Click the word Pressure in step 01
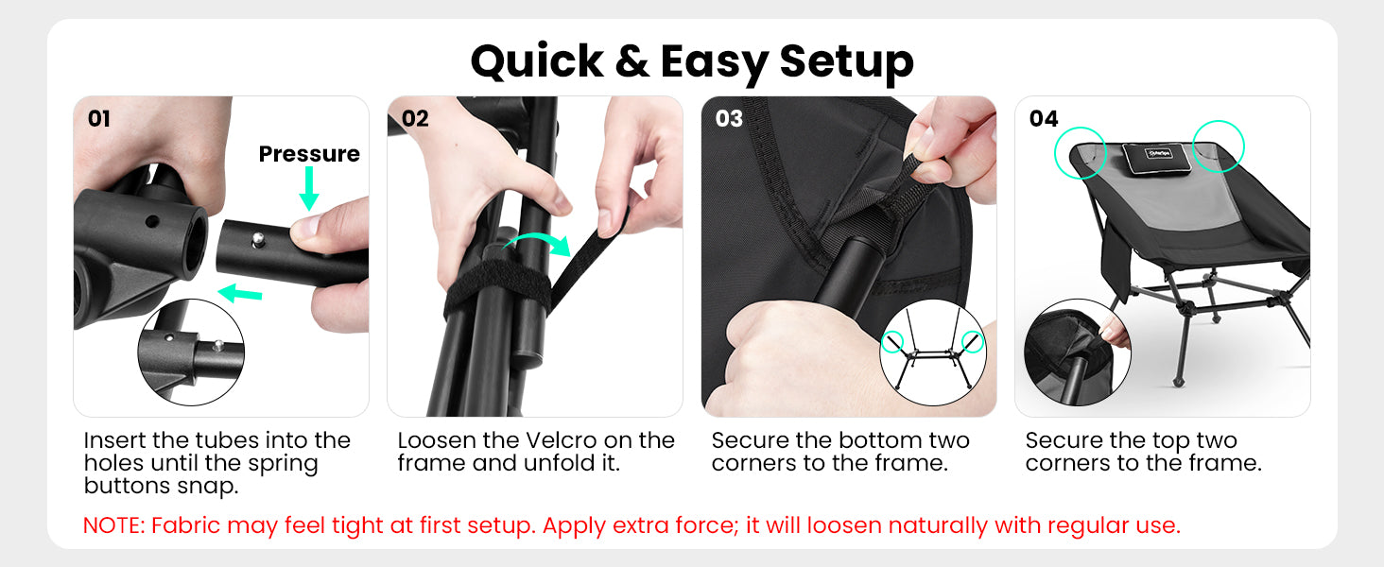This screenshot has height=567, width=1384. [309, 153]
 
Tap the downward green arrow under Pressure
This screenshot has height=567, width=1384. [309, 188]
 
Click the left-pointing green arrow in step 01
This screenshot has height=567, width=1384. [240, 293]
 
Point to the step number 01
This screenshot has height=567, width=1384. [99, 118]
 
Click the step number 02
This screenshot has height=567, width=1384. [415, 118]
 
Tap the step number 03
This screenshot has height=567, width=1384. [729, 118]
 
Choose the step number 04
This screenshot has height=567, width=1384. [1044, 118]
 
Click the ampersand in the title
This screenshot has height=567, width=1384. [631, 61]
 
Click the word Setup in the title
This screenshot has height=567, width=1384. [846, 63]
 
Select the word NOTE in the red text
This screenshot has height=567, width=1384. [113, 525]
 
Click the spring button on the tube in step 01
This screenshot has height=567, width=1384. [258, 238]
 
